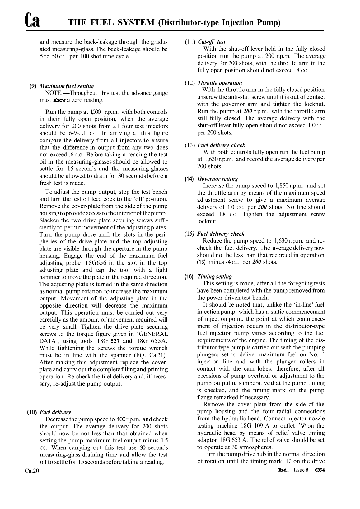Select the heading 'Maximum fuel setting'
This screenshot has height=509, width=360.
coord(67,86)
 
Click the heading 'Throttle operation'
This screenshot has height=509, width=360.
coord(220,83)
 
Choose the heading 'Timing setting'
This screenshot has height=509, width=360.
coord(215,276)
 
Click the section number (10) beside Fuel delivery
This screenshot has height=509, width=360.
coord(33,412)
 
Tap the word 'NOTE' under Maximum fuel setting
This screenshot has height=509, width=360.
coord(53,93)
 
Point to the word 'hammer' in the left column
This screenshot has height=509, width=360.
coord(50,277)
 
